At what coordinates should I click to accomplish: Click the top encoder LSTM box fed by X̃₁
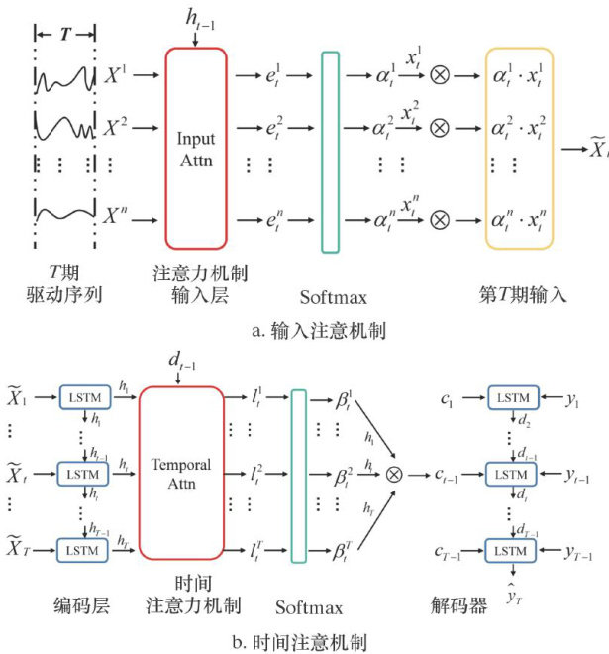coord(83,396)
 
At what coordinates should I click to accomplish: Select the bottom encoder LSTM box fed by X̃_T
coord(83,547)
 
